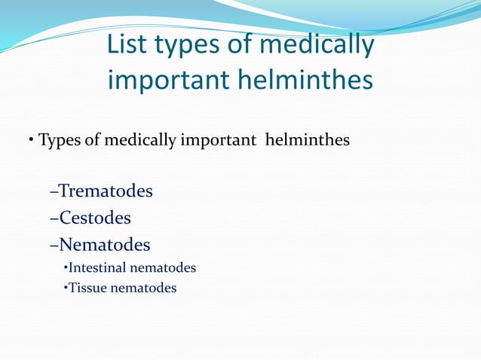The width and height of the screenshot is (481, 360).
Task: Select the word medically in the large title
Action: point(317,45)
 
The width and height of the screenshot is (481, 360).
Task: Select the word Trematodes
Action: point(106,191)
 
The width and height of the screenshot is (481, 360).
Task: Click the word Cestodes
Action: point(95,218)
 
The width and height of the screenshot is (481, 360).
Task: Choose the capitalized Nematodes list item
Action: point(104,245)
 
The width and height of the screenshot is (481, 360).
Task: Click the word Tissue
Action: point(87,287)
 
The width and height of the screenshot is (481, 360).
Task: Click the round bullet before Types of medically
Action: point(32,141)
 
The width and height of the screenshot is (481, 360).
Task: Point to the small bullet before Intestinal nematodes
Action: point(66,268)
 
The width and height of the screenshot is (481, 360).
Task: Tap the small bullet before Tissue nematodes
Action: point(66,288)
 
